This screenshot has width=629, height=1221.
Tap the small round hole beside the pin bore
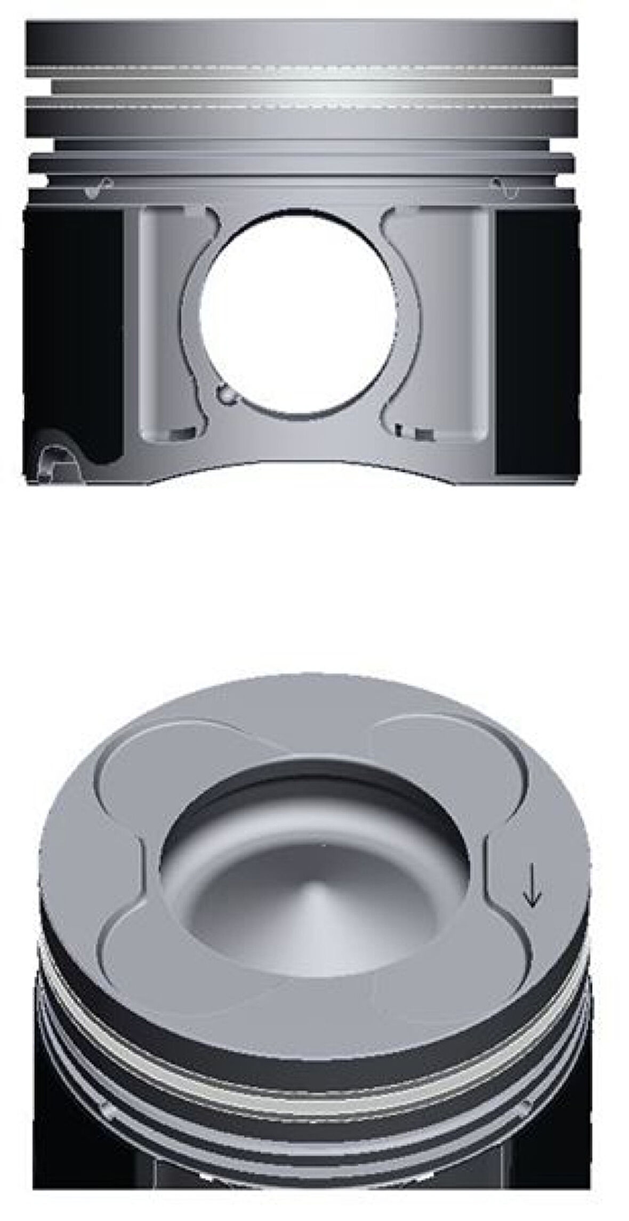point(225,395)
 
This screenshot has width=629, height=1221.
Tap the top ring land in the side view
point(302,43)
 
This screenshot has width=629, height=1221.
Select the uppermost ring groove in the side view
point(302,85)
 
